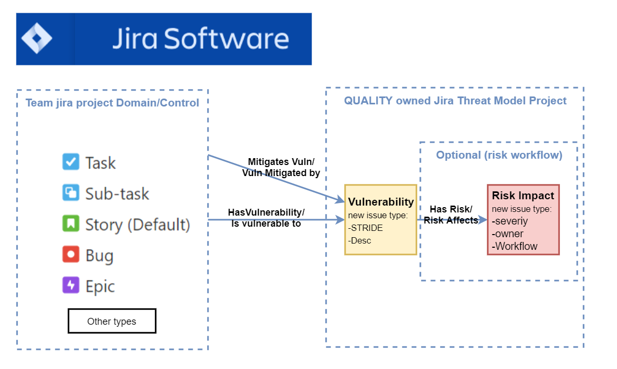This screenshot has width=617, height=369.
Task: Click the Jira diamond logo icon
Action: (x=36, y=38)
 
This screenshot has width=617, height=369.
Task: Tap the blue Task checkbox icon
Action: (x=71, y=162)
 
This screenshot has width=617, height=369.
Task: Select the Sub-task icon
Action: (x=71, y=193)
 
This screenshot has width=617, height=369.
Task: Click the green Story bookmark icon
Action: (x=71, y=224)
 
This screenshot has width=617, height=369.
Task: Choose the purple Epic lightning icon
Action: (x=71, y=286)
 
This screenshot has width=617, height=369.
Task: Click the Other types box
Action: (x=111, y=321)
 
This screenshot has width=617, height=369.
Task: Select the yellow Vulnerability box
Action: (x=380, y=220)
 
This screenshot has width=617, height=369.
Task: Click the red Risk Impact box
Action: (x=523, y=220)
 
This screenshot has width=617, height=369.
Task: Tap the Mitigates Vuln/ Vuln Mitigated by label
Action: (x=281, y=167)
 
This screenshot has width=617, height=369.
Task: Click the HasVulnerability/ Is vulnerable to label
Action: (x=266, y=218)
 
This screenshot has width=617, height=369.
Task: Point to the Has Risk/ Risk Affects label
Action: (x=451, y=215)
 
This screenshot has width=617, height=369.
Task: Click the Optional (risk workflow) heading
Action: (x=499, y=155)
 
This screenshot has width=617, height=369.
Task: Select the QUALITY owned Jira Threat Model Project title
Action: (x=455, y=101)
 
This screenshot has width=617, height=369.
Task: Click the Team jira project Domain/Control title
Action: (x=113, y=102)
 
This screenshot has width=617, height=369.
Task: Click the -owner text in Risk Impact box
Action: (x=508, y=234)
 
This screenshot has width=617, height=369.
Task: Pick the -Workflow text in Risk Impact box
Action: (x=515, y=246)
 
